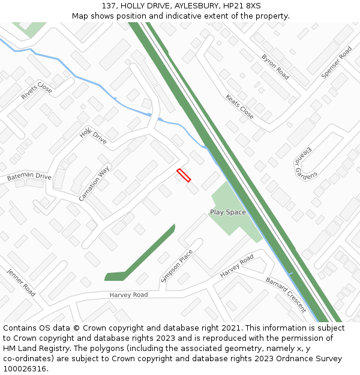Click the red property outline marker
184,175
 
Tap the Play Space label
227,212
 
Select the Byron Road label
275,67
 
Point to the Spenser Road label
337,62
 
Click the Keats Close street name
239,106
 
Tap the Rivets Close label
37,91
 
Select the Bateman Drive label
29,177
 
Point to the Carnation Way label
94,183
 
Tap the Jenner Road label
22,282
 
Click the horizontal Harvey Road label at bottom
128,295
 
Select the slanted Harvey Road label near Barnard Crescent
237,266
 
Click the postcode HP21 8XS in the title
246,6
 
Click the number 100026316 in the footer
25,369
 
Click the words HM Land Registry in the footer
33,349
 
